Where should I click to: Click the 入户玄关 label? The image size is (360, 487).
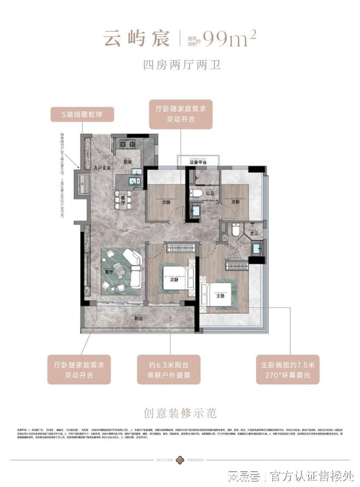point(101,168)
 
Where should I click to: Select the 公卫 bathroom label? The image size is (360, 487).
point(211,193)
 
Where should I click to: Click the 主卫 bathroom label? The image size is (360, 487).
point(253,234)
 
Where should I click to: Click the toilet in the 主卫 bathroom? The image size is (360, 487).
point(235,230)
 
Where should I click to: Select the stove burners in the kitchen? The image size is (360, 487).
point(128,145)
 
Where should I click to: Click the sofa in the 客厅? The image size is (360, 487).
point(130,268)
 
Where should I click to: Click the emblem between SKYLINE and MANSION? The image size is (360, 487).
point(180,459)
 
